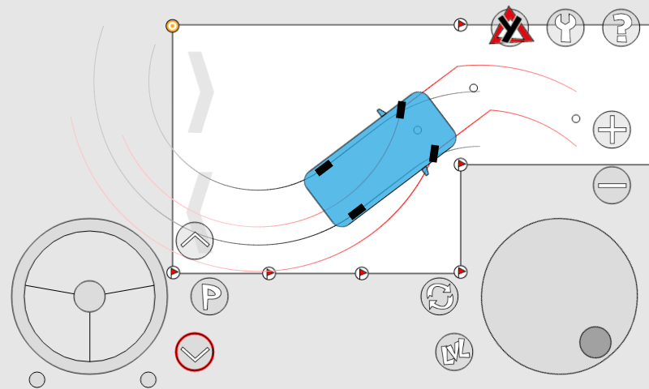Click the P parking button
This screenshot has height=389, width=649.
click(209, 296)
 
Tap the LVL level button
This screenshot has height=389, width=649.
click(454, 352)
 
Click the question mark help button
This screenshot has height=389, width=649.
click(621, 28)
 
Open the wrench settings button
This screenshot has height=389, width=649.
click(565, 28)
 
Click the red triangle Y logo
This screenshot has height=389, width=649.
click(511, 27)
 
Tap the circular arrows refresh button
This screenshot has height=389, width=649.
click(440, 296)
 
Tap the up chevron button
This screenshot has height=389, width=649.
click(195, 241)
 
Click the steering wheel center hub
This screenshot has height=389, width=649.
click(89, 296)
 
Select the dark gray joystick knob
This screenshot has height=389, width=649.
click(595, 342)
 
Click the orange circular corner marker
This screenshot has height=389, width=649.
click(173, 26)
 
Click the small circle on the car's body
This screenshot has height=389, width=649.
click(418, 130)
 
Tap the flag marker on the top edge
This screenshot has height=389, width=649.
click(461, 25)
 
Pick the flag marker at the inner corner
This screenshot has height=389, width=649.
click(461, 165)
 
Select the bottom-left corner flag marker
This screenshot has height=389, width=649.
click(173, 272)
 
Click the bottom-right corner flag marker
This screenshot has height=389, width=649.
click(461, 272)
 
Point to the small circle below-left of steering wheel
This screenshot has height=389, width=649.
click(37, 379)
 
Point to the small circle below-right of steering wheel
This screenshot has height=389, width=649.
click(148, 379)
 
